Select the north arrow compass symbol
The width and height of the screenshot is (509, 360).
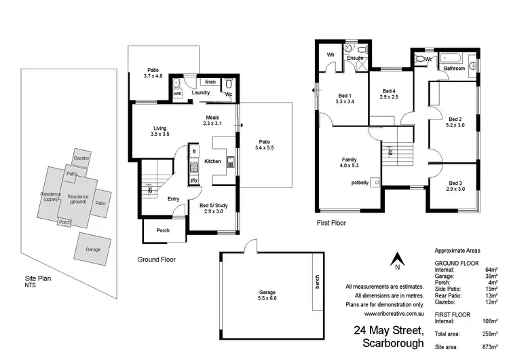(x=398, y=259)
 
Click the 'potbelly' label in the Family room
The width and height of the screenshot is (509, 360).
(x=359, y=183)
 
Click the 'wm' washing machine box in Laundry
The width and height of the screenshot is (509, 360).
(x=177, y=93)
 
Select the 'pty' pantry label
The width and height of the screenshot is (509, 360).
(x=193, y=180)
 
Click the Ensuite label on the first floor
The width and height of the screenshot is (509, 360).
(x=356, y=58)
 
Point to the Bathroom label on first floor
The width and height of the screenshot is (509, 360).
(x=454, y=69)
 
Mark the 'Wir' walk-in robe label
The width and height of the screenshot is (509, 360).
(x=331, y=54)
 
